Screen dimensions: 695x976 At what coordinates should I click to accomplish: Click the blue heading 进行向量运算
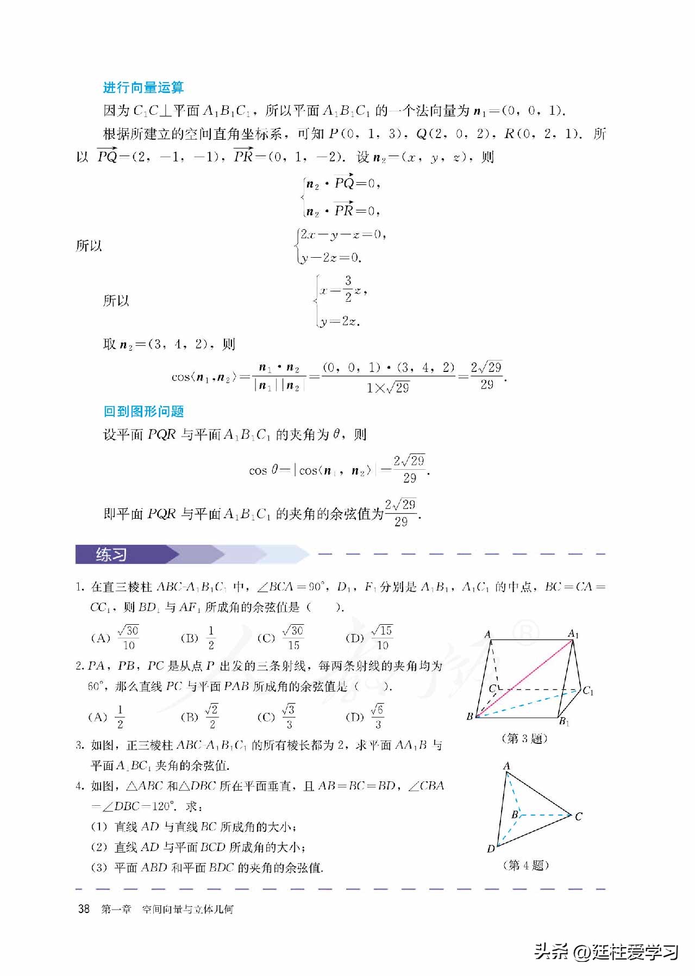click(x=143, y=88)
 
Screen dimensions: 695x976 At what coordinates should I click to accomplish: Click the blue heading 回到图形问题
click(x=143, y=411)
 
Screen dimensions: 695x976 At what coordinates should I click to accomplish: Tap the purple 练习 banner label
click(x=111, y=555)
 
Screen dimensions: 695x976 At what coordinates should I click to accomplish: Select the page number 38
click(x=84, y=909)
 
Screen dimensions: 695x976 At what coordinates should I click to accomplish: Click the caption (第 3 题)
click(x=524, y=738)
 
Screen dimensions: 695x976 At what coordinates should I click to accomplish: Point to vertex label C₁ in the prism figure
click(x=588, y=691)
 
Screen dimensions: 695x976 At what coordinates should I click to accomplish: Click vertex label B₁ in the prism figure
click(x=565, y=722)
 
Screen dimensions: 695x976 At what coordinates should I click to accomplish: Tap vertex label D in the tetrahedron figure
click(x=491, y=849)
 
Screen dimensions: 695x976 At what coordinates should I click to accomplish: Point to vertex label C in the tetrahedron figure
click(x=578, y=817)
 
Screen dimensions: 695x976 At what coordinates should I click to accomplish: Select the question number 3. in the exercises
click(x=79, y=745)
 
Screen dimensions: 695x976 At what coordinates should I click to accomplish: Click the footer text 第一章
click(x=116, y=909)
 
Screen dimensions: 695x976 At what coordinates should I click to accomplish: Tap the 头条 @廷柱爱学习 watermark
click(x=606, y=952)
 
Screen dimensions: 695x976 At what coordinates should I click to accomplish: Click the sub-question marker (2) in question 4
click(x=99, y=847)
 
